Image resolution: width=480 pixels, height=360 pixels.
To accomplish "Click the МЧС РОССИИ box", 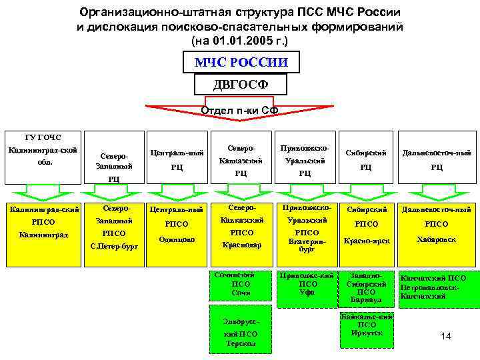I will (241, 63).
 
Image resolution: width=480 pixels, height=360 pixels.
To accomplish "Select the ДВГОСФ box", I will (241, 85).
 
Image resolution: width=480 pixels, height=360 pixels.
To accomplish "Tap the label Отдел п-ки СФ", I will (241, 109).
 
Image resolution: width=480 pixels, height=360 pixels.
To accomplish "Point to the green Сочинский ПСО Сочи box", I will (241, 284).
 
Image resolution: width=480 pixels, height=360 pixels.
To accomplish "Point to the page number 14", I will (446, 336).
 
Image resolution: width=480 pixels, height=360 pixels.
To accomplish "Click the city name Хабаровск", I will (437, 239).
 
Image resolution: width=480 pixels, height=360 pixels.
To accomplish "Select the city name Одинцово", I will (176, 239).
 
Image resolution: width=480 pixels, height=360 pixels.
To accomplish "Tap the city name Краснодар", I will (241, 245).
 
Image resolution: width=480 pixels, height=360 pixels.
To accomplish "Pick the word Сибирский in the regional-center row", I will (366, 153).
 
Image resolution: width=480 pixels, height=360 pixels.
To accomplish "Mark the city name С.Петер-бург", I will (114, 246).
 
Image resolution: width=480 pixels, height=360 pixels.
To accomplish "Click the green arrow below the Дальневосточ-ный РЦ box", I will (437, 193).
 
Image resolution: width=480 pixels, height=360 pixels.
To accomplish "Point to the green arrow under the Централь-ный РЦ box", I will (176, 193).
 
